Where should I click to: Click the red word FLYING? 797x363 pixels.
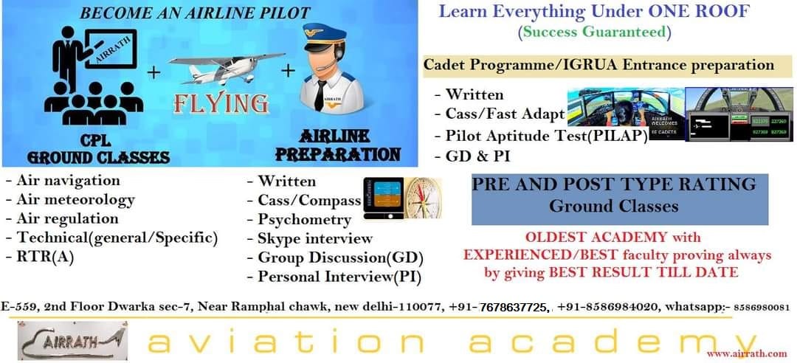coord(220,104)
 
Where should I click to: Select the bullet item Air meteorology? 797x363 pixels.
coord(70,199)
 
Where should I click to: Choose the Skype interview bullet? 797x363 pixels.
coord(314,238)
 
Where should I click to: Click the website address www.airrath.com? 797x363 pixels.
coord(746,353)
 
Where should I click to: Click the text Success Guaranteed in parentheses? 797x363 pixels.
coord(595,32)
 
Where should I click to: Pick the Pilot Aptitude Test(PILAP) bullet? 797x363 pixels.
coord(546,136)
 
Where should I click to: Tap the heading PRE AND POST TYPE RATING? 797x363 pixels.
coord(613,184)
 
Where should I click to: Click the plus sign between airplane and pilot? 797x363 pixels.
coord(288,70)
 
